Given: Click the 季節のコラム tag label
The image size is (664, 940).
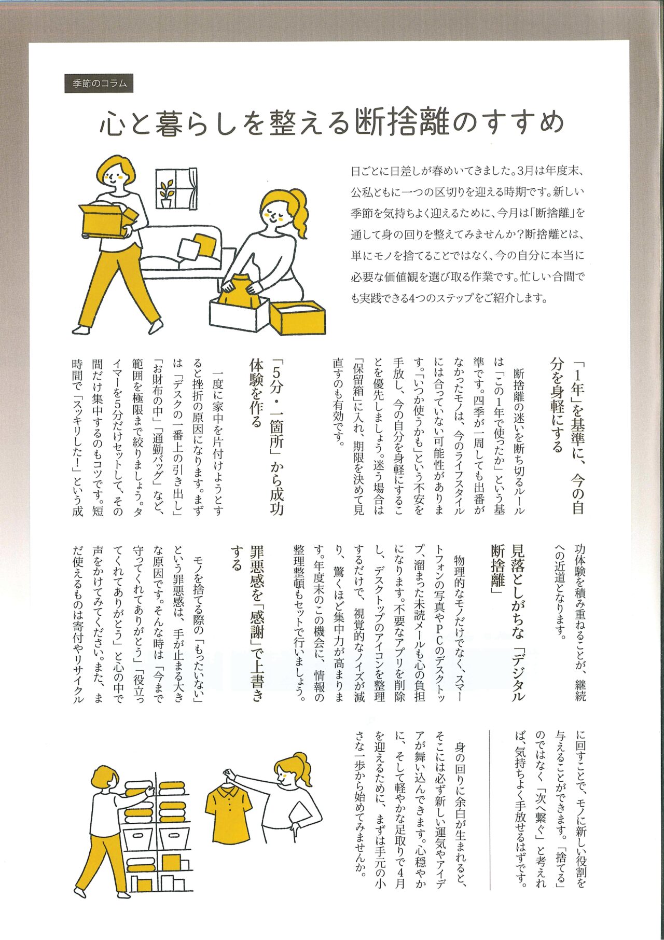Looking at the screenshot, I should [99, 84].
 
